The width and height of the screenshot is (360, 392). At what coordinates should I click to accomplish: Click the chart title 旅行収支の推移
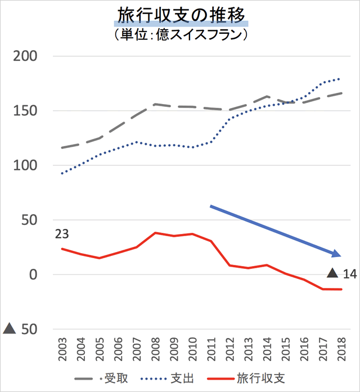coord(180,14)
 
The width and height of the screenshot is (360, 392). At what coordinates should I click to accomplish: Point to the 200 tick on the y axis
coord(25,56)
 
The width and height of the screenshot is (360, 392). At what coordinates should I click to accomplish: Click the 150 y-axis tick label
coord(25,111)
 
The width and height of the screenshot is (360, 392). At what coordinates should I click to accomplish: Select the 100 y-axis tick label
coord(25,165)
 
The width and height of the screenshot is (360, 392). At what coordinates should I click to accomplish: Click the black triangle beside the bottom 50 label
coord(10,328)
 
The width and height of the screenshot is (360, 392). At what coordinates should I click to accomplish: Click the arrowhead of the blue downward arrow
coord(336,254)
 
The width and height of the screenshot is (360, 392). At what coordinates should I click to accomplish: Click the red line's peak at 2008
coord(155,233)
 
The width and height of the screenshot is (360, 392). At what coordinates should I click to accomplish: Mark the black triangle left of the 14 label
coord(332,273)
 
